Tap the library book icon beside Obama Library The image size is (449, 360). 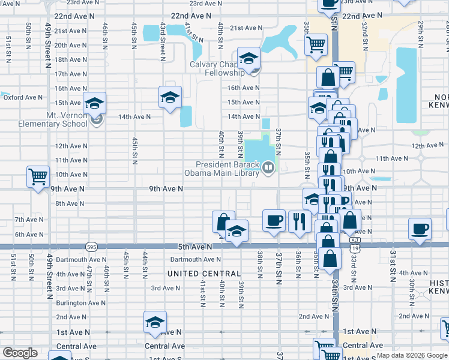pyautogui.click(x=269, y=169)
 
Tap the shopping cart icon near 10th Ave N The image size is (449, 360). pyautogui.click(x=38, y=177)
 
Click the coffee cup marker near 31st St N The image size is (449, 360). pyautogui.click(x=420, y=229)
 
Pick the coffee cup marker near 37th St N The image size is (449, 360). pyautogui.click(x=274, y=220)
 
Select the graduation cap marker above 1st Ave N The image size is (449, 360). pyautogui.click(x=155, y=322)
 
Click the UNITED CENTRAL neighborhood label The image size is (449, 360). pyautogui.click(x=199, y=274)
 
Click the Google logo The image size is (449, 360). pyautogui.click(x=20, y=353)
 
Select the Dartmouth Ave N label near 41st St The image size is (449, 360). pyautogui.click(x=196, y=260)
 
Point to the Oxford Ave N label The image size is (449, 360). pyautogui.click(x=23, y=97)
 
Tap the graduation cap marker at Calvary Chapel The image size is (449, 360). pyautogui.click(x=249, y=58)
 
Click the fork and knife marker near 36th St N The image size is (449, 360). pyautogui.click(x=298, y=221)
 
